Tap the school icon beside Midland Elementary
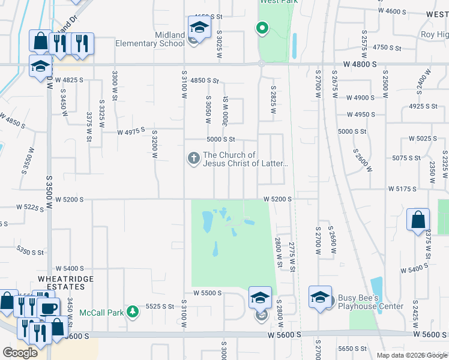point(199,27)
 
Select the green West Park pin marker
point(262,28)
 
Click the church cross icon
point(193,158)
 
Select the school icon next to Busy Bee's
point(320,296)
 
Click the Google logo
point(20,352)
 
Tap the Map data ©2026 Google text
point(412,355)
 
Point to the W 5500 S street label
point(208,293)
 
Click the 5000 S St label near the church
point(220,139)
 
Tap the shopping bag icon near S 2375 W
point(418,220)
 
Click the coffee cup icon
point(49,309)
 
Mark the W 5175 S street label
point(402,188)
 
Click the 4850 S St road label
point(205,80)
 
